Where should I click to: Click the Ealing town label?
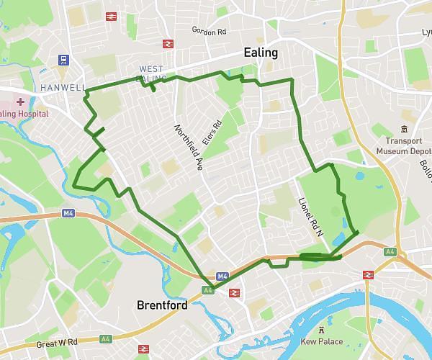(x=260, y=53)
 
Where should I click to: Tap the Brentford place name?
(x=162, y=305)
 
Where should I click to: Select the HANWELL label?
(x=63, y=87)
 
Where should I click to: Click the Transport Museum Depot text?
(x=403, y=146)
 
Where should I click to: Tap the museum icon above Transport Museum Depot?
(x=404, y=129)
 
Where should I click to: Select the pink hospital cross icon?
(x=20, y=102)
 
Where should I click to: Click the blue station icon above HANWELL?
(x=64, y=60)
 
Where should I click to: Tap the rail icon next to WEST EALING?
(x=167, y=44)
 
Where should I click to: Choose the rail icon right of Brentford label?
(x=234, y=292)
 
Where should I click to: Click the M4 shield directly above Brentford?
(x=222, y=276)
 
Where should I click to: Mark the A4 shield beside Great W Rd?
(x=106, y=338)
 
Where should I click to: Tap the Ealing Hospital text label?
(x=23, y=114)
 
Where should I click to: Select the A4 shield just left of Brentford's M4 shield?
(x=207, y=290)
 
